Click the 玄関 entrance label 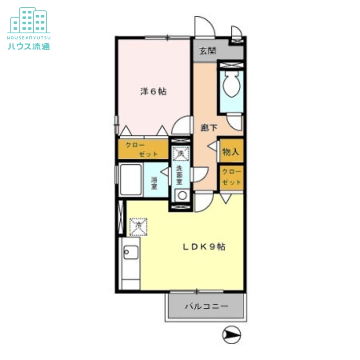coord(207,51)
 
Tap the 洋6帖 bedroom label coord(153,92)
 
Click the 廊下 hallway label coord(208,128)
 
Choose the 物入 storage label coord(231,152)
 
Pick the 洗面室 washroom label coord(179,175)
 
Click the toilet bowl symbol coord(231,86)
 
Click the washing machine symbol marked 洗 coord(180,153)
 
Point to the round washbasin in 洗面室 coord(182,196)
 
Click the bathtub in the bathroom coord(130,179)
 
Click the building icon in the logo coord(29,20)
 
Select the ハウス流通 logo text coord(29,46)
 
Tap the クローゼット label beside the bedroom coord(142,149)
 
